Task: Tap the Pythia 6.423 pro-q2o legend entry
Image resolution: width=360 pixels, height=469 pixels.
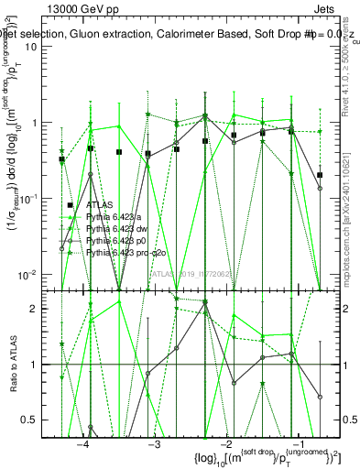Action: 124,250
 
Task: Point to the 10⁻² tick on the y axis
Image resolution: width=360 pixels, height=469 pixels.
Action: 37,274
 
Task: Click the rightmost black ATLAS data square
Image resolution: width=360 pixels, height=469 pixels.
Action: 319,174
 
